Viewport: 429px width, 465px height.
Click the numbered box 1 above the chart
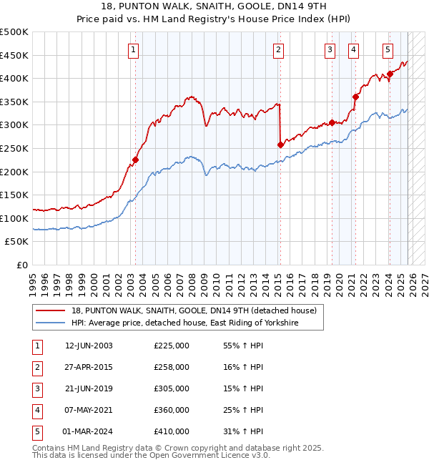coord(134,49)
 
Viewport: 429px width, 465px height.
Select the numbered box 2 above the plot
coord(278,49)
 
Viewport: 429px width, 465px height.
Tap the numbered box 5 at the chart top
coord(388,49)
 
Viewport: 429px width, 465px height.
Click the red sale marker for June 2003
coord(135,160)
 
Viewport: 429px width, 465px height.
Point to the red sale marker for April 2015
coord(280,145)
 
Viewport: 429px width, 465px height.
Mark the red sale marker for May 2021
coord(355,97)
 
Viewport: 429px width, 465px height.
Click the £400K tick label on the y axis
coord(14,79)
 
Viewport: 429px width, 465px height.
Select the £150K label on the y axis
coord(14,195)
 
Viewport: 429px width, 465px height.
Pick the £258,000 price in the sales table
coord(172,367)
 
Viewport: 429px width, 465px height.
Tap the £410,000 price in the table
coord(172,431)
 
